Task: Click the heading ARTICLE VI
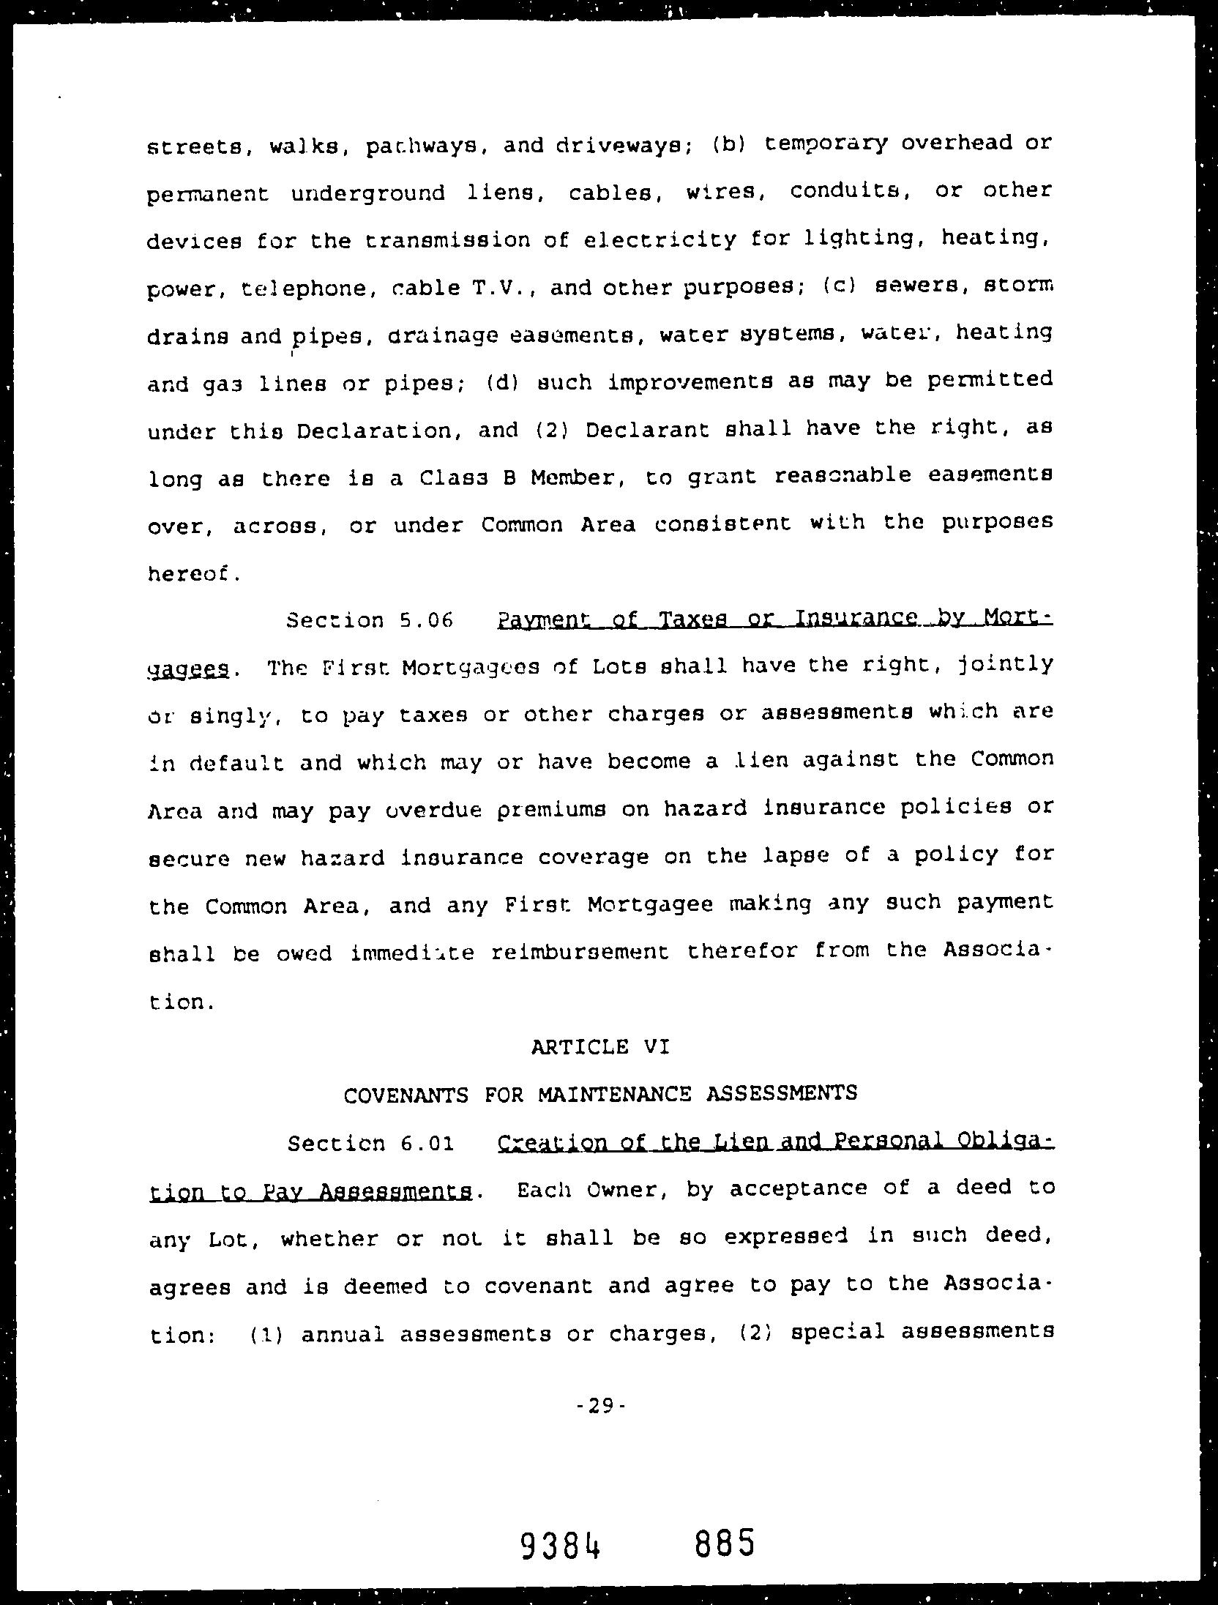click(600, 1047)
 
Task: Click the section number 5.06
click(427, 620)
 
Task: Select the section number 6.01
click(427, 1143)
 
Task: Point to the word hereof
click(192, 573)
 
